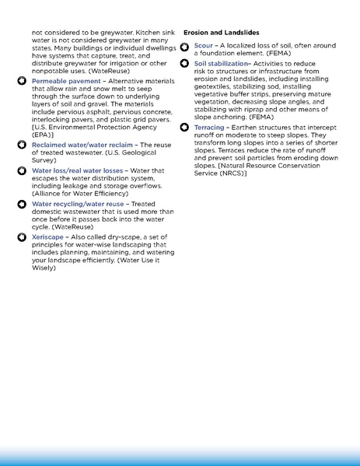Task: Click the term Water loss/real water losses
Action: click(75, 170)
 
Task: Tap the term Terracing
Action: click(209, 126)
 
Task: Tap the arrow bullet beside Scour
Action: click(185, 46)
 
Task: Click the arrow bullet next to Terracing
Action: click(185, 126)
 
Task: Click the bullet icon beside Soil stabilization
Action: click(185, 63)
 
